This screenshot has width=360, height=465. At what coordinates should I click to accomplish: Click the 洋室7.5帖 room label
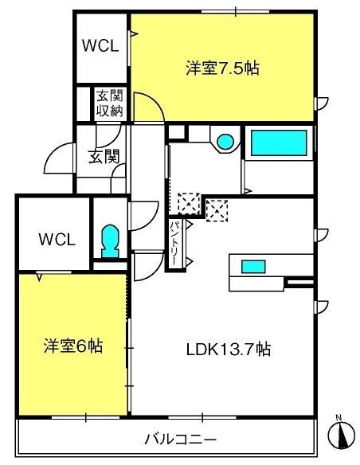pos(222,68)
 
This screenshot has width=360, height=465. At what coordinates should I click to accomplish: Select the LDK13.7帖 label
pos(230,348)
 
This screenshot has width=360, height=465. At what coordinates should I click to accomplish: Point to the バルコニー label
pos(180,439)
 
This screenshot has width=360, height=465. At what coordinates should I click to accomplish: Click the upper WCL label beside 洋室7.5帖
pos(101,45)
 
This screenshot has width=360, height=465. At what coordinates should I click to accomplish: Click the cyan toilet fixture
pos(109,239)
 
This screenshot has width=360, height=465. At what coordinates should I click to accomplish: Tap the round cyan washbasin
pos(226,142)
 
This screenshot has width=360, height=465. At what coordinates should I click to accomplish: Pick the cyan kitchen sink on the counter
pos(253,266)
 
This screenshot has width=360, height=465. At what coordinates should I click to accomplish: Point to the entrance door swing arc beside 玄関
pos(57,159)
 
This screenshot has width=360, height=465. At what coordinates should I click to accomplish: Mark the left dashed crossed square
pos(188,203)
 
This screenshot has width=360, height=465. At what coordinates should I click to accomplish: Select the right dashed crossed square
pos(217,209)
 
